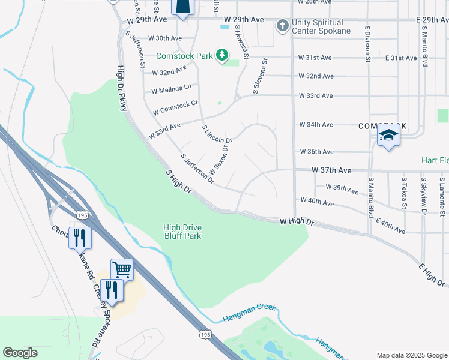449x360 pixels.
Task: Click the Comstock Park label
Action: coord(184,56)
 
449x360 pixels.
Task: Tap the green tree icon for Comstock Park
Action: coord(223,56)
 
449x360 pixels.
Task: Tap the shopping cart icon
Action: coord(122,269)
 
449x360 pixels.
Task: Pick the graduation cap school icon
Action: coord(388,136)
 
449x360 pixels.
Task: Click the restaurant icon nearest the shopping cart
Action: coord(111,290)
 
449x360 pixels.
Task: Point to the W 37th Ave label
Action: coord(331,170)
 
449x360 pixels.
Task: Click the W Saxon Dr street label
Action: coord(219,159)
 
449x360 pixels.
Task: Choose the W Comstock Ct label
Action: coord(175,108)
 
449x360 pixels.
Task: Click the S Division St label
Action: coord(367,46)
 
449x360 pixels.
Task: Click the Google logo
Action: coord(20,353)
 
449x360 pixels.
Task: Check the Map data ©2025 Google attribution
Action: coord(411,355)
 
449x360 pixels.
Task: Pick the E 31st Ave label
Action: coord(401,58)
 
